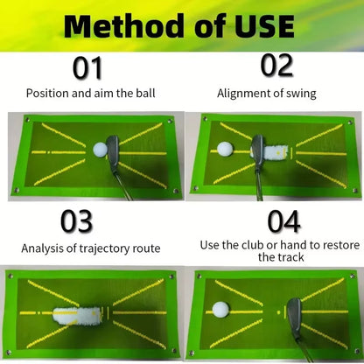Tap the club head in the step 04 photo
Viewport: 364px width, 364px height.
point(294,311)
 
